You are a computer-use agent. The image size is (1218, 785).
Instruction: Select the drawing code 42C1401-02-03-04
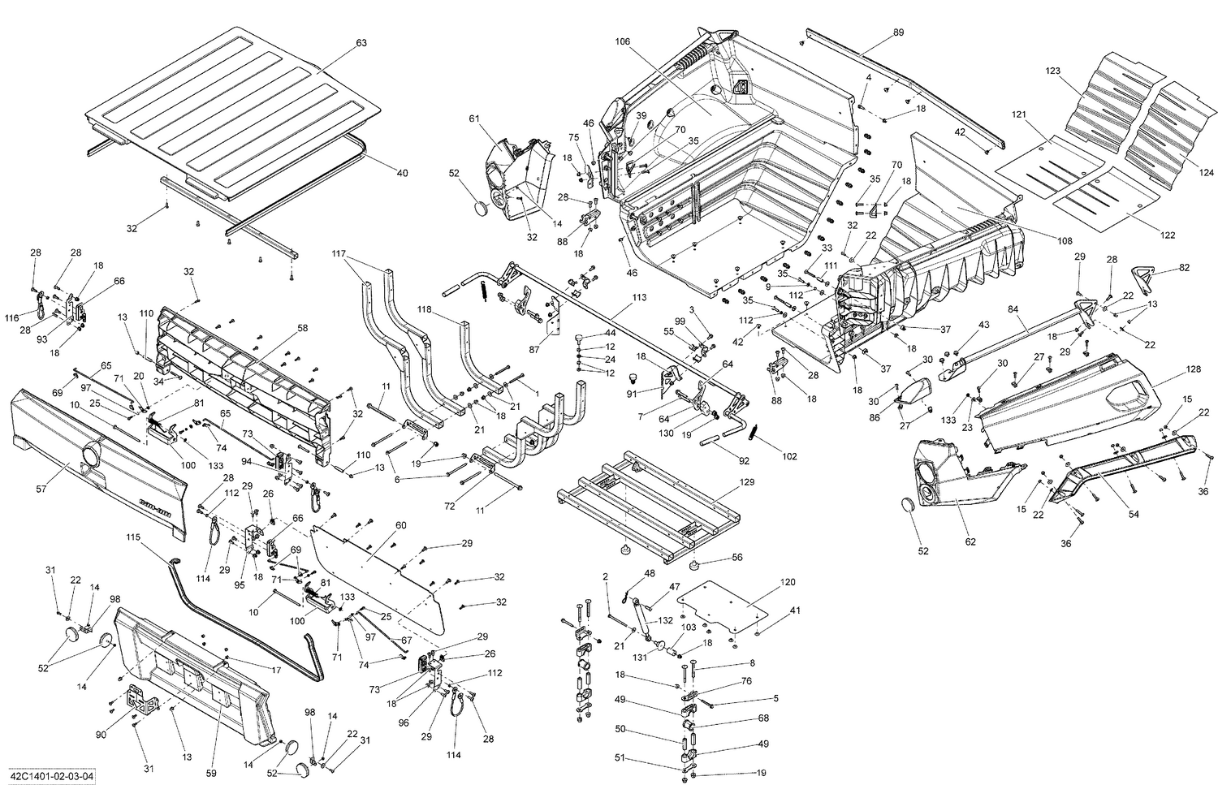(50, 776)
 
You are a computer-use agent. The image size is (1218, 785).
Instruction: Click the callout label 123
(1053, 71)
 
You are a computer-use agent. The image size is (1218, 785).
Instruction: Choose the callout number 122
(1167, 235)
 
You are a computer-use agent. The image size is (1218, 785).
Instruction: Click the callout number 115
(134, 537)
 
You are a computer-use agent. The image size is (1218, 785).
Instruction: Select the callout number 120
(788, 582)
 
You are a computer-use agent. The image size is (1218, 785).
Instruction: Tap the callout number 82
(1185, 268)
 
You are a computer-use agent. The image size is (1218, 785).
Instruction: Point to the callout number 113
(639, 298)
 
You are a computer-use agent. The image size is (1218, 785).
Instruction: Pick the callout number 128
(1193, 369)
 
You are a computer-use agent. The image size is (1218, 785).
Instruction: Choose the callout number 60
(400, 525)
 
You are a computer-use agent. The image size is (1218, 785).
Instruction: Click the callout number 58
(302, 328)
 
